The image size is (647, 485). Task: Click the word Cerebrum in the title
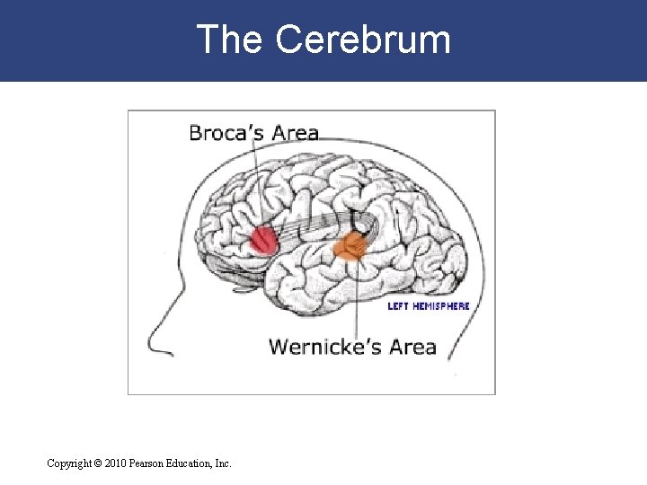363,40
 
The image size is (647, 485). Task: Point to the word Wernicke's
324,347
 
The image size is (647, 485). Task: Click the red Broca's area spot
263,240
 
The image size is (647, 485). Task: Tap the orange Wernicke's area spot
350,246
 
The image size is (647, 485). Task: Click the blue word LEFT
398,306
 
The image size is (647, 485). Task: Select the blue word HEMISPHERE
441,306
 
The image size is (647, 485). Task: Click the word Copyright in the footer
69,463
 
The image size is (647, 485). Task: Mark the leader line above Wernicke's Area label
358,296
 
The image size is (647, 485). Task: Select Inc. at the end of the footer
223,463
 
